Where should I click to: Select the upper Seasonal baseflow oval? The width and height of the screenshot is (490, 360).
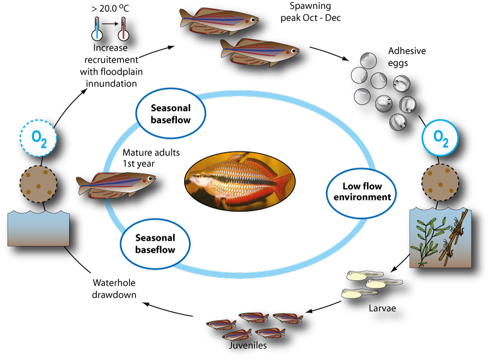170,113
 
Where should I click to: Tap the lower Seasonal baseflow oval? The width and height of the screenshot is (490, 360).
155,243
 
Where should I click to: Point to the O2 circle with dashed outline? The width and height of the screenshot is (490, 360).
39,139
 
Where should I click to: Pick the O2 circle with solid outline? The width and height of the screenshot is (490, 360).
440,138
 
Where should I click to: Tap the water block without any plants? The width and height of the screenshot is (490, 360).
38,229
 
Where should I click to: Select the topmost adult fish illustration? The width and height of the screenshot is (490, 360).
218,21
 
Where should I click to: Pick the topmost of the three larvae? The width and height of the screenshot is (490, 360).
364,276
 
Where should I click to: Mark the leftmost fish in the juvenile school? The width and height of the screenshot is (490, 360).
220,325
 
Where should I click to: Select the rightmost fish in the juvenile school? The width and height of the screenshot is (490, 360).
287,318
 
